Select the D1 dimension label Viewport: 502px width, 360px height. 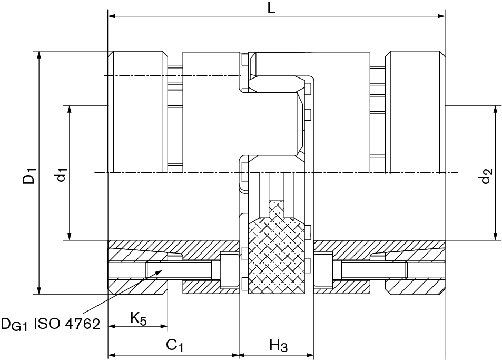tap(30, 176)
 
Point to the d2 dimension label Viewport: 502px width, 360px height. tap(486, 176)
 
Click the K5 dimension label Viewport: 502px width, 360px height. tap(138, 318)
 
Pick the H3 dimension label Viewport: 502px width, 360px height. tap(278, 346)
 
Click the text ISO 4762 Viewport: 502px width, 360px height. tap(66, 323)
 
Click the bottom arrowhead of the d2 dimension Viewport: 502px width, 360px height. tap(495, 237)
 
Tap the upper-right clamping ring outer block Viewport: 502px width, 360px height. tap(414, 112)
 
